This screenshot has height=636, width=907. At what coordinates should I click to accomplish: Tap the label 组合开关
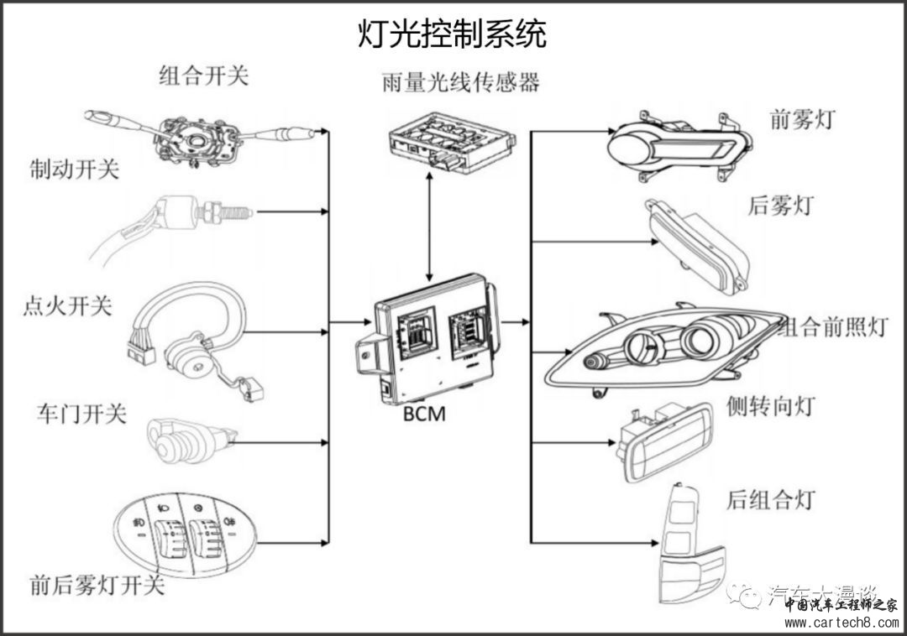[204, 76]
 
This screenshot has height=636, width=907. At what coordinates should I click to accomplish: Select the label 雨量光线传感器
[459, 82]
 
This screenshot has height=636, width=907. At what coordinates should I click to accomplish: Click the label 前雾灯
[802, 120]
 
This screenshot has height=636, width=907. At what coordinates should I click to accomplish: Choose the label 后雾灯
[780, 205]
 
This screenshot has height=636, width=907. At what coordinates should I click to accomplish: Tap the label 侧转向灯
[770, 407]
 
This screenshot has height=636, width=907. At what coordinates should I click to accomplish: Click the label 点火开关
[66, 305]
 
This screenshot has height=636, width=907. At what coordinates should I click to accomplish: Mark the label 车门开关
[81, 413]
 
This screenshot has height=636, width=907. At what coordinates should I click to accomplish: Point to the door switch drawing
[189, 437]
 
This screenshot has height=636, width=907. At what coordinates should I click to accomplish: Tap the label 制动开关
[75, 169]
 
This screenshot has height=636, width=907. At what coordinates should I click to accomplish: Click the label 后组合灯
[770, 500]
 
